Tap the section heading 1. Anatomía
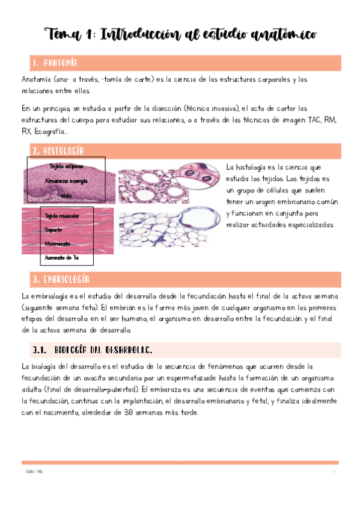click(x=54, y=63)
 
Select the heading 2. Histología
click(x=58, y=150)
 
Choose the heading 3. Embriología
click(x=61, y=280)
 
